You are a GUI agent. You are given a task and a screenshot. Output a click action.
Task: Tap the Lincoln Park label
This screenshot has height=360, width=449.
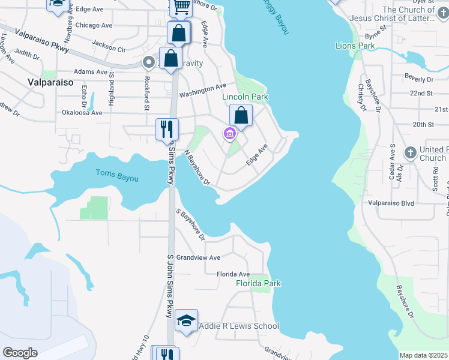click(245, 97)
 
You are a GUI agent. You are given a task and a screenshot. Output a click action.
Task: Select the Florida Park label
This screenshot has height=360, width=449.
click(258, 283)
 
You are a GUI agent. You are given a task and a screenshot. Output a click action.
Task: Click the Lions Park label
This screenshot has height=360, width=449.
click(355, 46)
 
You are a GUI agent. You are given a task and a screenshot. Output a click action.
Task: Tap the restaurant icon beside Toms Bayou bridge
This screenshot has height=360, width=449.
click(166, 129)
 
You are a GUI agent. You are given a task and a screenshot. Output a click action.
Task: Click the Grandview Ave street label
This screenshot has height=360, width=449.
click(197, 257)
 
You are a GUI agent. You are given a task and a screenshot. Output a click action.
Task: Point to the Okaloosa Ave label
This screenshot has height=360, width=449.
click(82, 112)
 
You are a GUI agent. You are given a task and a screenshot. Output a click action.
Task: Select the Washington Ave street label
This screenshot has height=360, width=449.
click(202, 91)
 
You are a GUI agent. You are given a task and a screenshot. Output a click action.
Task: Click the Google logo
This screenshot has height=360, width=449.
click(20, 352)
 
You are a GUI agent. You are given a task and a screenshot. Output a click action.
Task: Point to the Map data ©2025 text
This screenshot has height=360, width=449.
click(423, 355)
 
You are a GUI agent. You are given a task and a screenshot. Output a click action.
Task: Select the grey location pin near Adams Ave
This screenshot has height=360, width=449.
click(148, 61)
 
